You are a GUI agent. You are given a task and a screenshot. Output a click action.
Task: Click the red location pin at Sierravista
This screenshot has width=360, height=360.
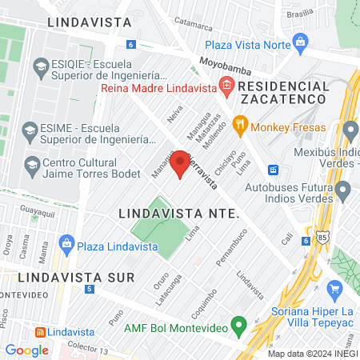click(x=181, y=163)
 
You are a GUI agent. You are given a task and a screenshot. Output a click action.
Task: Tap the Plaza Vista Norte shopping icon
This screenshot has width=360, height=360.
click(x=300, y=41)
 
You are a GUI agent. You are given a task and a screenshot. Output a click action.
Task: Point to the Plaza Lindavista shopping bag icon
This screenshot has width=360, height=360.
click(x=67, y=242)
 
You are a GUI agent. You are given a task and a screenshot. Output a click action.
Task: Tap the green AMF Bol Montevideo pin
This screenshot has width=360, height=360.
click(x=238, y=325)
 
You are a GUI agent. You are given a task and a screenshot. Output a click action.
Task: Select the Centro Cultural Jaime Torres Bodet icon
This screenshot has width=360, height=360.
click(x=33, y=166)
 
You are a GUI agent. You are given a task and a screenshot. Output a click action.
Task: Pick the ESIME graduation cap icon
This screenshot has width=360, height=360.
click(x=30, y=130)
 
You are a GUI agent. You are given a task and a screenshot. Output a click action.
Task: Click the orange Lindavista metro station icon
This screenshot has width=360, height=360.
click(x=38, y=332)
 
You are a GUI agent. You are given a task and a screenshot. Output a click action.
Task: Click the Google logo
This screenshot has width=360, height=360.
click(x=26, y=350)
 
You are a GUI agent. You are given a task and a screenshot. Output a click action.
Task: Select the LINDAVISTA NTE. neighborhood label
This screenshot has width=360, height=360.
click(x=179, y=214)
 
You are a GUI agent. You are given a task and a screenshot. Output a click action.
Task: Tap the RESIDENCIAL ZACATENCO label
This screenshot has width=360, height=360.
click(x=282, y=92)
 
